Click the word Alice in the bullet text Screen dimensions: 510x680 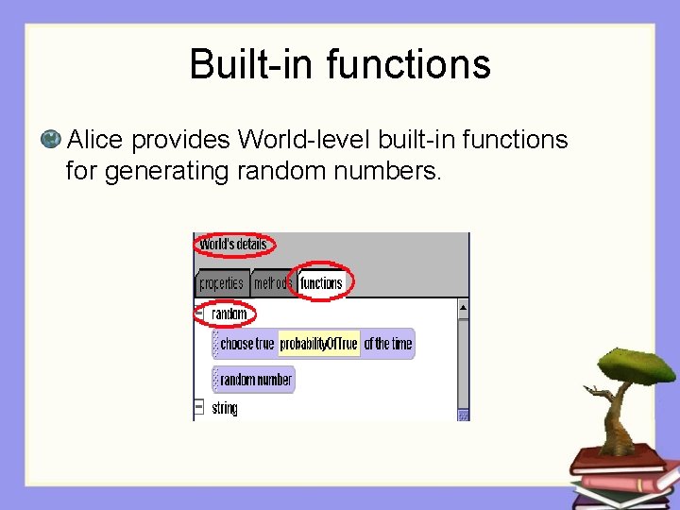95,141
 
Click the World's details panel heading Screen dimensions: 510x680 233,245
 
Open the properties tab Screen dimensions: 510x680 221,283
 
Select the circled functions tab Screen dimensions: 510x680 321,283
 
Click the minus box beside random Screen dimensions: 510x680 199,313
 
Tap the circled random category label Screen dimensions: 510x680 229,314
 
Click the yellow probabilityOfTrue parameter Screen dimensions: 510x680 319,344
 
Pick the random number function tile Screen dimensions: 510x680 255,380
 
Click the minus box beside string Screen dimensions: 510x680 199,407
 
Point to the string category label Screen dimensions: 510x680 225,408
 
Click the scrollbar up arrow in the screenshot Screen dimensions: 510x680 463,307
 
